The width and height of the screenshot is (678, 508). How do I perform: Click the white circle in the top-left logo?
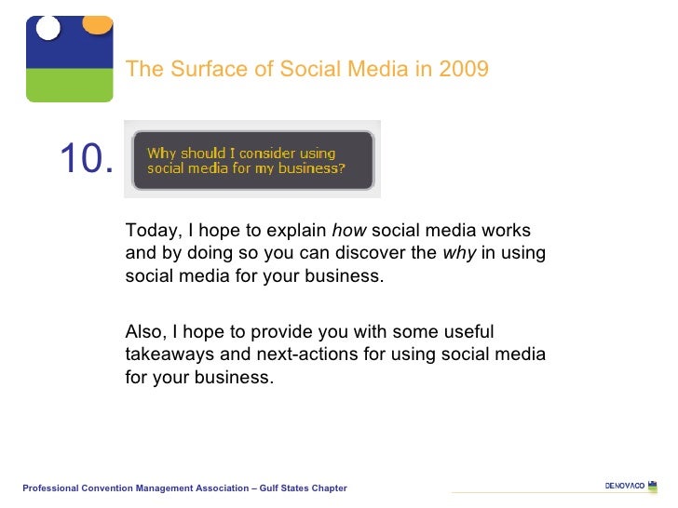pos(47,28)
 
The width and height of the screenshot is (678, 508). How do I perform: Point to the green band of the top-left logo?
pos(69,85)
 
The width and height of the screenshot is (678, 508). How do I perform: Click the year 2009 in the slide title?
pos(465,70)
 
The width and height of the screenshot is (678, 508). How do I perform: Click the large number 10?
pos(87,159)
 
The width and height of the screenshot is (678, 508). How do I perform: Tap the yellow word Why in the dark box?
pos(162,154)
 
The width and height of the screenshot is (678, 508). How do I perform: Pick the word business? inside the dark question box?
pos(311,169)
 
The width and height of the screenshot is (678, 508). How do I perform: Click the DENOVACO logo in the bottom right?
pos(625,487)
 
